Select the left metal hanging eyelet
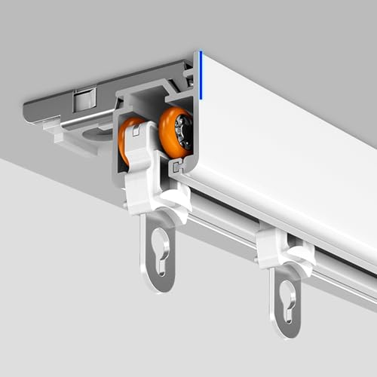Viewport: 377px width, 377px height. pyautogui.click(x=159, y=249)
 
